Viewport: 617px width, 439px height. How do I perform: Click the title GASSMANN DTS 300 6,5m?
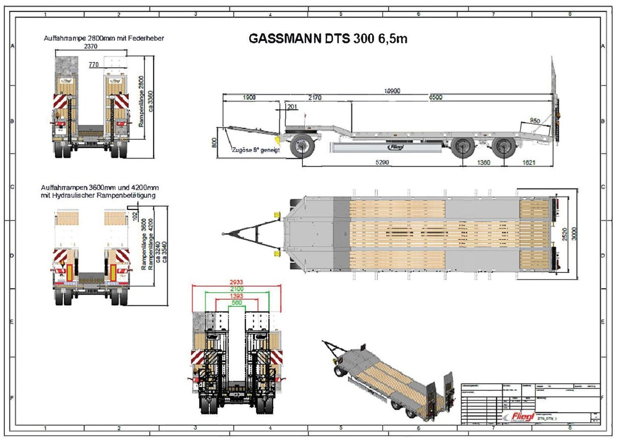click(328, 39)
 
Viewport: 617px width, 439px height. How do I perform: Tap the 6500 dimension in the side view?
click(435, 97)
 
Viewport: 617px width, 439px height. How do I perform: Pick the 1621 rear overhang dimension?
click(528, 162)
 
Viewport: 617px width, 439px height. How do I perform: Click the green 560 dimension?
click(236, 303)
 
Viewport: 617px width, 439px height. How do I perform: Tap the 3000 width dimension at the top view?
click(574, 234)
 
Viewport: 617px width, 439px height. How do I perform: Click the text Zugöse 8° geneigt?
click(255, 150)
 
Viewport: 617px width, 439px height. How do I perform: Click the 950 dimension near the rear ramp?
click(535, 120)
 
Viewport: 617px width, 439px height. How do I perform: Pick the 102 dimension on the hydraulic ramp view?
click(135, 215)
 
